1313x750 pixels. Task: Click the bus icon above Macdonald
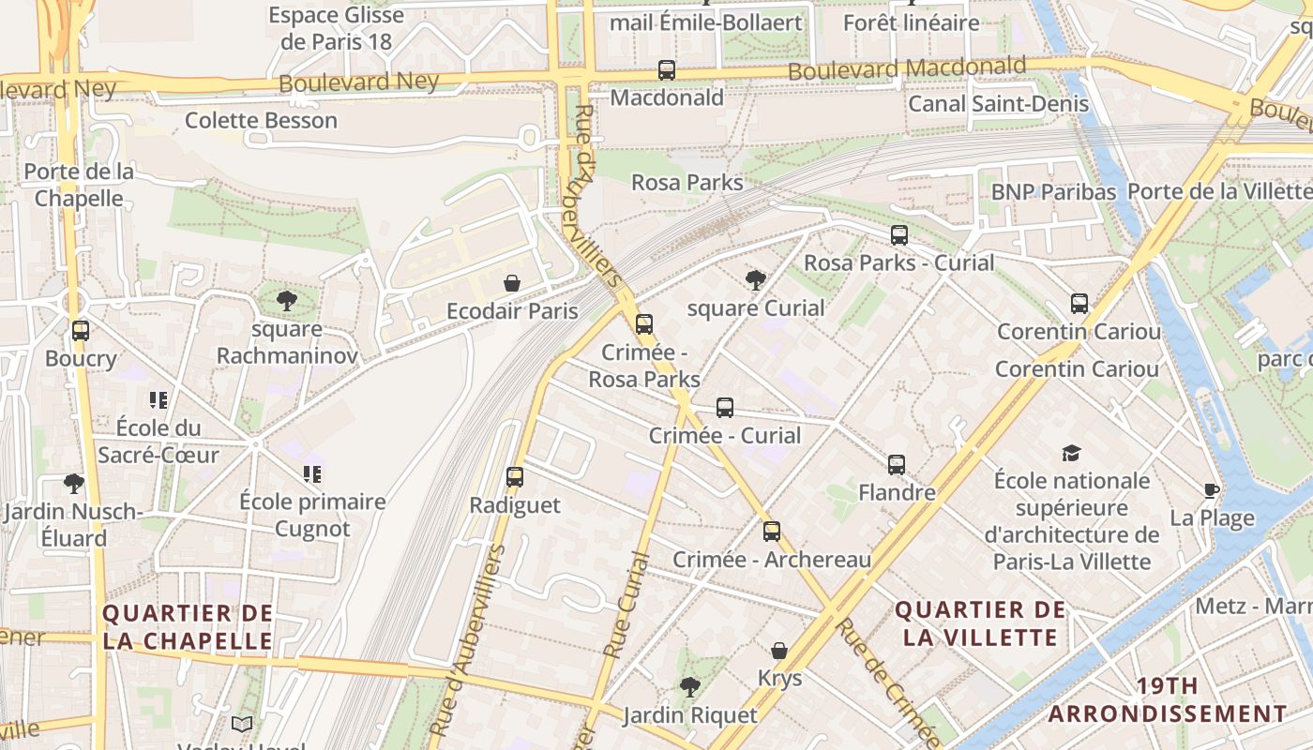[667, 70]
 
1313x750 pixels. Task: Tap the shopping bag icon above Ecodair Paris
[512, 283]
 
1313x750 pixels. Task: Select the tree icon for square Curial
[755, 279]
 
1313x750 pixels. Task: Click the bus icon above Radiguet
[515, 477]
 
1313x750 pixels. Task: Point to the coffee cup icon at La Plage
[1212, 490]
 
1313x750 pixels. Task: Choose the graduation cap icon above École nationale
[1071, 454]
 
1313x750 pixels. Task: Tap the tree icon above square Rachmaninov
[287, 301]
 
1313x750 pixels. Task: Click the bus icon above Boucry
[81, 331]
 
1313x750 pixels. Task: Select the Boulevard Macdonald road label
[906, 69]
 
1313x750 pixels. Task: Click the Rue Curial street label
[626, 606]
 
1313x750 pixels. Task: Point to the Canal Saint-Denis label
[998, 103]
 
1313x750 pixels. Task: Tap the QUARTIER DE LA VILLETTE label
[980, 623]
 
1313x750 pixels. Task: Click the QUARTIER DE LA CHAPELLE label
[188, 627]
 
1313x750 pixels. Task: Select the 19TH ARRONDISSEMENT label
[1168, 699]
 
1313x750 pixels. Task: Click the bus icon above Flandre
[897, 465]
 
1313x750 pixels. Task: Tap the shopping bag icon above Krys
[779, 651]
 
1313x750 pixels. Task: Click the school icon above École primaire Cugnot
[312, 474]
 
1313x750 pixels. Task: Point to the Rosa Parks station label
[687, 183]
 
